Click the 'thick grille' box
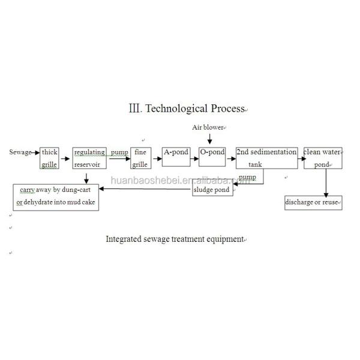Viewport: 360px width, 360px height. point(49,158)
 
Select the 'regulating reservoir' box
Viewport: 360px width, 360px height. point(90,158)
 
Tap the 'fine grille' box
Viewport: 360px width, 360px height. point(140,158)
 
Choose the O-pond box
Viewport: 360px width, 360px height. point(212,157)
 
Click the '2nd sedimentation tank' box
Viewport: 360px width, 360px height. point(266,158)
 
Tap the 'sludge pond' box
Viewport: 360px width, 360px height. point(212,190)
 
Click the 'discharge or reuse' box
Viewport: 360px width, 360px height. point(313,202)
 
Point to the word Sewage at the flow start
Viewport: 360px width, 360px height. point(20,152)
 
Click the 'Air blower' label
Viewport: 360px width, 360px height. point(208,128)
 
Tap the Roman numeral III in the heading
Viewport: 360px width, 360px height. point(134,109)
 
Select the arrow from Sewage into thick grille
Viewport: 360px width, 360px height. point(35,152)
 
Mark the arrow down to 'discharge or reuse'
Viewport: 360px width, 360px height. point(326,182)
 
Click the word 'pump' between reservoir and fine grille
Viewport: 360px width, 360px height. point(119,152)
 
